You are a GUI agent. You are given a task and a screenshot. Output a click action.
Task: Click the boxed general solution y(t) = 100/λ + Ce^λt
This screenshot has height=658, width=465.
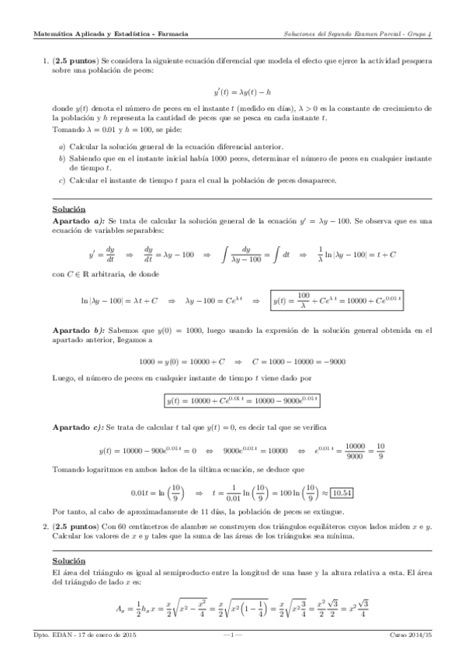340,299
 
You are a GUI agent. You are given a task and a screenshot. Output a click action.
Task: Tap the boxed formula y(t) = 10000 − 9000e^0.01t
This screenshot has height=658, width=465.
243,401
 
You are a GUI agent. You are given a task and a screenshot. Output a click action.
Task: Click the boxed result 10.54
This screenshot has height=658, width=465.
342,492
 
